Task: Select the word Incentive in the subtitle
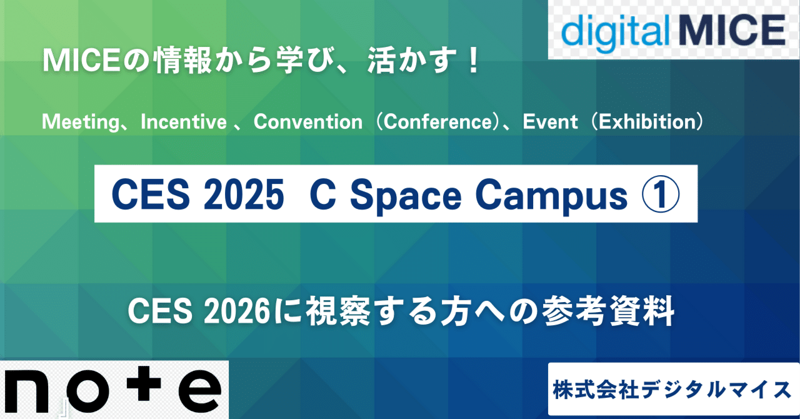pos(184,121)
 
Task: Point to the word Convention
pos(307,121)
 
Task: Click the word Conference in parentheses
pos(437,121)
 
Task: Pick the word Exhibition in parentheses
pos(647,121)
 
